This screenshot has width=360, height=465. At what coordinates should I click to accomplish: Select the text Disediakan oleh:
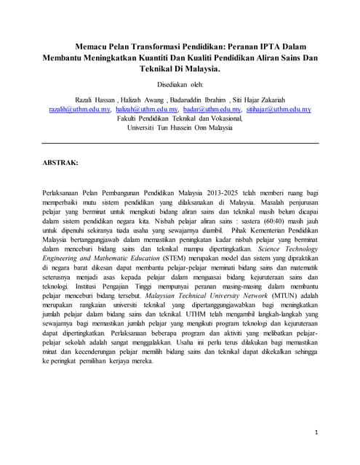180,84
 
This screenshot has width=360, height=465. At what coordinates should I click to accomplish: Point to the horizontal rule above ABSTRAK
180,143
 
